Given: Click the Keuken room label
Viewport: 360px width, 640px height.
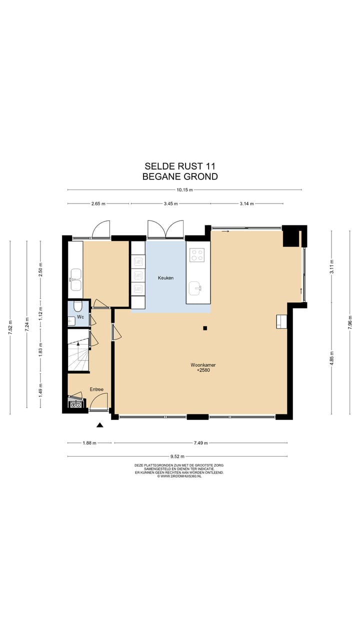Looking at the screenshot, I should coord(165,277).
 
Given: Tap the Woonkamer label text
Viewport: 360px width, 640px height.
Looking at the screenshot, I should coord(202,365).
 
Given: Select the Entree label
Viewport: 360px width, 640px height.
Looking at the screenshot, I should coord(96,389).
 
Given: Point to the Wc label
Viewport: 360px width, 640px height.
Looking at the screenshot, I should coord(80,317).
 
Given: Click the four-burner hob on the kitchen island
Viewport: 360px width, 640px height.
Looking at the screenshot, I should coord(197,255).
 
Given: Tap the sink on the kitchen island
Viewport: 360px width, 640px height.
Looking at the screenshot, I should coord(196,287).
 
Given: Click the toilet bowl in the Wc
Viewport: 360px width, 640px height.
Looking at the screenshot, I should coord(78,305).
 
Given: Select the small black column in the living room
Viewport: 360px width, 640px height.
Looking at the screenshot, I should coord(204,328).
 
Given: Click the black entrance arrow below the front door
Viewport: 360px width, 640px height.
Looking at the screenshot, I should coord(99,425).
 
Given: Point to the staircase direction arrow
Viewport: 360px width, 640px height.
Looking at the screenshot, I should coord(78,345).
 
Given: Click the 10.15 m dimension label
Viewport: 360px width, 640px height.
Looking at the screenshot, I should coord(184,190).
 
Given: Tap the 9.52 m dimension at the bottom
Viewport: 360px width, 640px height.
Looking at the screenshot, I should coord(176,456).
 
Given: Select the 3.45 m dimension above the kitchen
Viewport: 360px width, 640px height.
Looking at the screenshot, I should coord(171,204).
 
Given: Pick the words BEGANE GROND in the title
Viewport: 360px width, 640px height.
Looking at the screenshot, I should coord(180,176).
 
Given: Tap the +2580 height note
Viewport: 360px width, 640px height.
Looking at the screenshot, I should coord(202,370).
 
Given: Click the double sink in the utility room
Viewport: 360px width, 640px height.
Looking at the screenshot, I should coord(75,279).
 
